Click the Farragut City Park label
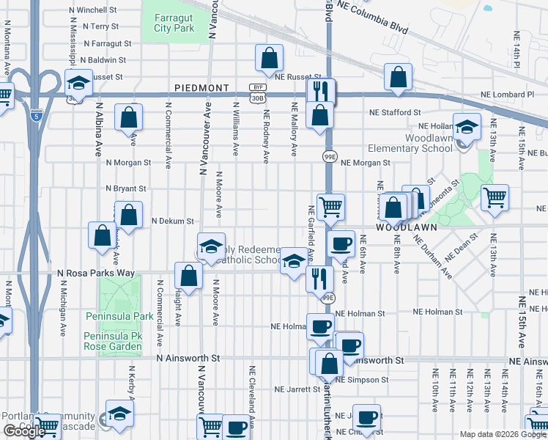coord(174,23)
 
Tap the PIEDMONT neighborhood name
coord(202,87)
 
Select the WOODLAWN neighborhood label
coord(407,227)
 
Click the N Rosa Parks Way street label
coord(96,273)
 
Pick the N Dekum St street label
coord(172,220)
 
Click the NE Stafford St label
coord(395,113)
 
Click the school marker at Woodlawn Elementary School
coord(467,128)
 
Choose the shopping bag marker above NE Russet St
coord(270,58)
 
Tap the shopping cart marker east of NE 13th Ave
coord(495,197)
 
